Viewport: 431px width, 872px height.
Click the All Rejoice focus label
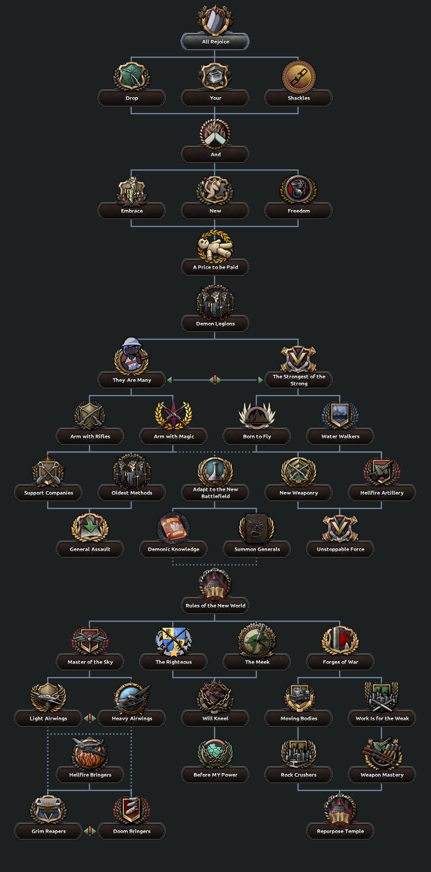[x=215, y=42]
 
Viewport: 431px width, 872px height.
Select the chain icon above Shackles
[x=298, y=76]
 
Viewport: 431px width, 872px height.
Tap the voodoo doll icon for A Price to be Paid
[x=215, y=246]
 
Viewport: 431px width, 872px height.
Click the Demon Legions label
[x=215, y=324]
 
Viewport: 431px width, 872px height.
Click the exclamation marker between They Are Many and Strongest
[x=215, y=380]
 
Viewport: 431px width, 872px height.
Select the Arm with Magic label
[x=173, y=436]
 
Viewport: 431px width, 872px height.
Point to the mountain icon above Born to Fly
[x=257, y=416]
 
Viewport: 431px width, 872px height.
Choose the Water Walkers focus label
[x=340, y=436]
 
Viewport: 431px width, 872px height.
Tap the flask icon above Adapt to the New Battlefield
[x=215, y=471]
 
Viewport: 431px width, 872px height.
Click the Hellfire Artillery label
[x=382, y=493]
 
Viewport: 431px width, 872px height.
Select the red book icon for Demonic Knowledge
[x=173, y=528]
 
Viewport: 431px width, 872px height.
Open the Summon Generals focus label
[x=257, y=549]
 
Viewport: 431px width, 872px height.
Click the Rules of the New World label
[x=215, y=606]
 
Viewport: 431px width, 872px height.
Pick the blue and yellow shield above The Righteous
[x=173, y=641]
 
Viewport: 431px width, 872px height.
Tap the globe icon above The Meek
[x=257, y=640]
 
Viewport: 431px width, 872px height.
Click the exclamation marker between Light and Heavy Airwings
[x=90, y=718]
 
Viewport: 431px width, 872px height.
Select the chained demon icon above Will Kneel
[x=215, y=697]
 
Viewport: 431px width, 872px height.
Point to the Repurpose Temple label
[x=340, y=831]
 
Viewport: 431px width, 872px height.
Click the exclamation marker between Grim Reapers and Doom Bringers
[x=90, y=831]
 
